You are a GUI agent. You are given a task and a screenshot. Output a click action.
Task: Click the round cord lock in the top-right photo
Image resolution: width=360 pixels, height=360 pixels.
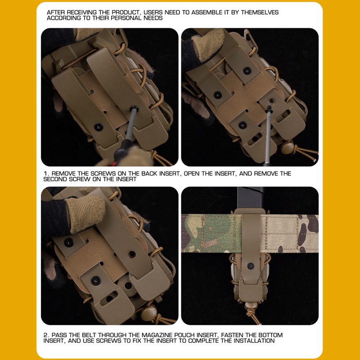click(288, 148)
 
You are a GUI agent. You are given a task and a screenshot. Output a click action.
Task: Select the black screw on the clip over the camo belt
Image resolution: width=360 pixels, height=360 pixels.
click(251, 266)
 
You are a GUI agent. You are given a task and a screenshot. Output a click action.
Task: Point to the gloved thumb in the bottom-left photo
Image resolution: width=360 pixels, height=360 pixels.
click(85, 213)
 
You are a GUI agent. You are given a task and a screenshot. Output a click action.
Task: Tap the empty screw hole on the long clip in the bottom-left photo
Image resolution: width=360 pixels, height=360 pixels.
click(132, 254)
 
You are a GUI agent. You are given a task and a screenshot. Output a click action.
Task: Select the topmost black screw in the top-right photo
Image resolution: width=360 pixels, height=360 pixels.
click(247, 71)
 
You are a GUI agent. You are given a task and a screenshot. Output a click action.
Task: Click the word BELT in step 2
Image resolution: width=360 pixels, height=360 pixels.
click(90, 335)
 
